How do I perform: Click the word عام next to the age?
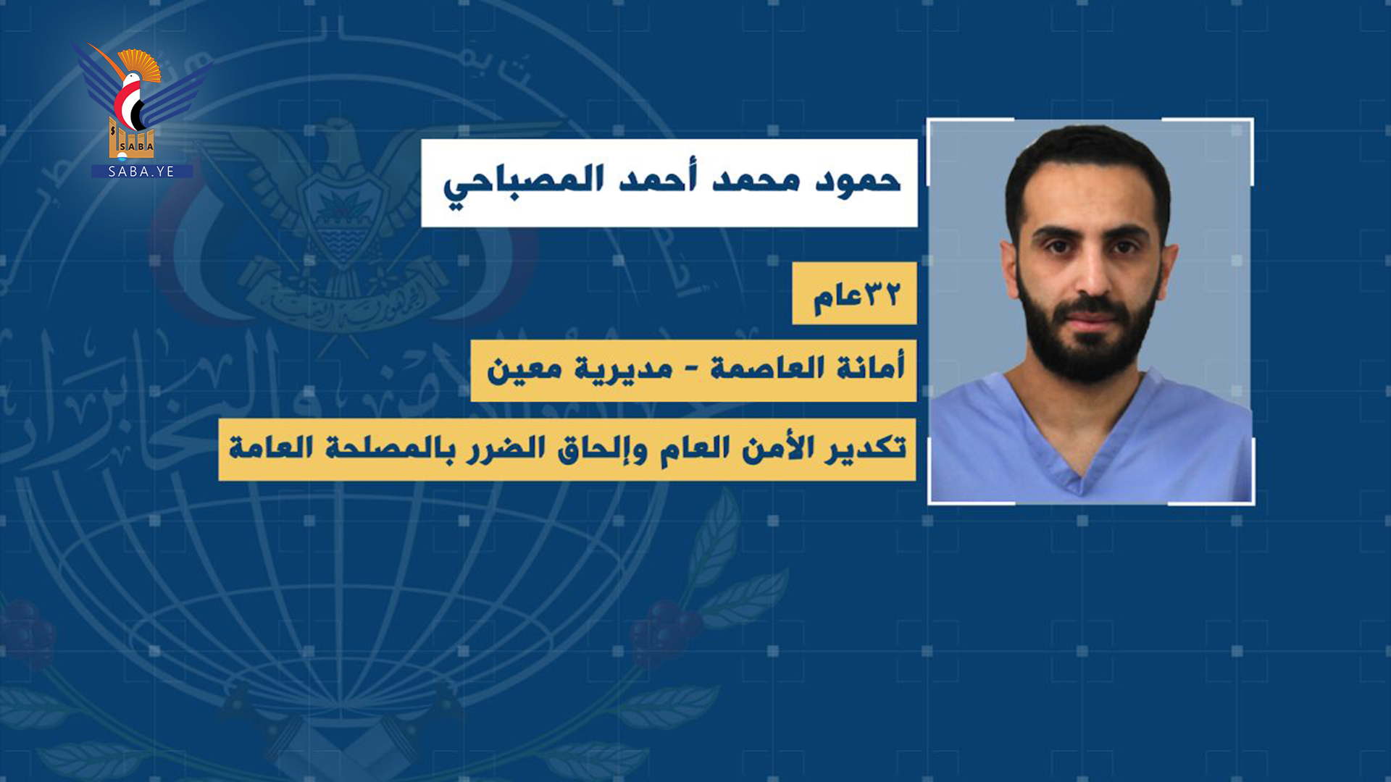coord(837,298)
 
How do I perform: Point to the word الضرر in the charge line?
coord(504,448)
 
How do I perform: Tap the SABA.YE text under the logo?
coord(141,172)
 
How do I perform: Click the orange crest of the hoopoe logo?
coord(140,63)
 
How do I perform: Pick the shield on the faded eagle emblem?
coord(341,217)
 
